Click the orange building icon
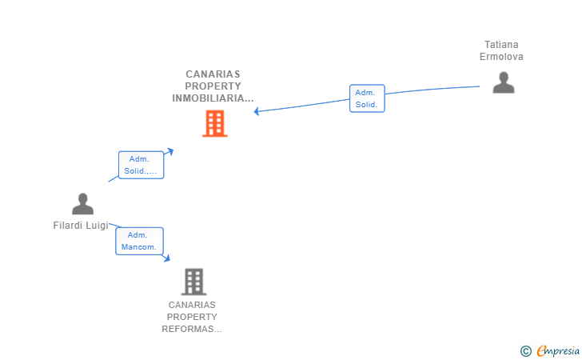click(215, 124)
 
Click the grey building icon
click(193, 282)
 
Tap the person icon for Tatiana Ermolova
click(504, 82)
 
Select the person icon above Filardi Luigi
click(82, 203)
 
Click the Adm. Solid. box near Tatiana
click(367, 98)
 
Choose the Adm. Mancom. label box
click(139, 241)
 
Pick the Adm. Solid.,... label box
click(141, 165)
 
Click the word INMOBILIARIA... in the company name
click(213, 98)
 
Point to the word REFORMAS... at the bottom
click(192, 329)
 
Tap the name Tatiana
click(501, 45)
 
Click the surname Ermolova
click(501, 57)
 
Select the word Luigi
click(98, 226)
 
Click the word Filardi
click(68, 226)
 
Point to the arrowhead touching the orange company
click(257, 111)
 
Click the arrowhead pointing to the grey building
click(167, 258)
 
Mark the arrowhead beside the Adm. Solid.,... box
click(169, 151)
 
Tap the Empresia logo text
click(558, 350)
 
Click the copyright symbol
click(525, 351)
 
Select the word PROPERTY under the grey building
click(192, 317)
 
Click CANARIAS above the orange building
click(213, 74)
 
